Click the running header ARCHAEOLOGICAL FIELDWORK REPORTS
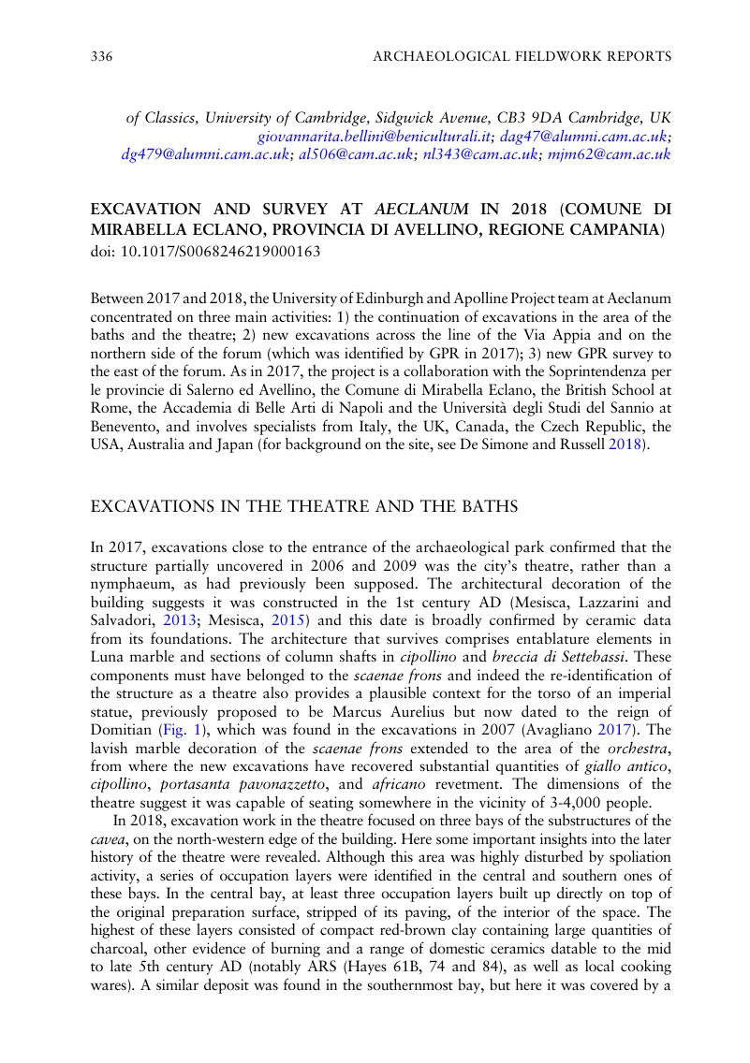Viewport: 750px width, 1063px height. [522, 57]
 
